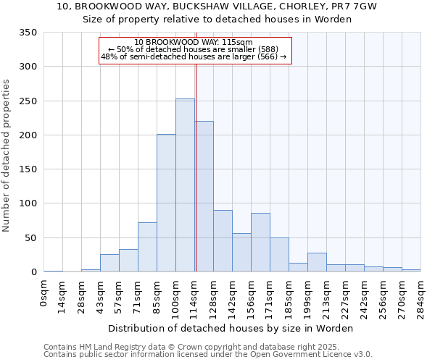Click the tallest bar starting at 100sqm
[185, 185]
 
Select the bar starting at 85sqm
[166, 203]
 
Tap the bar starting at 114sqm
[204, 196]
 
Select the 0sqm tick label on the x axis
[44, 293]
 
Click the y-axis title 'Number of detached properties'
[7, 156]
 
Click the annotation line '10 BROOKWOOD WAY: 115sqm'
[194, 42]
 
